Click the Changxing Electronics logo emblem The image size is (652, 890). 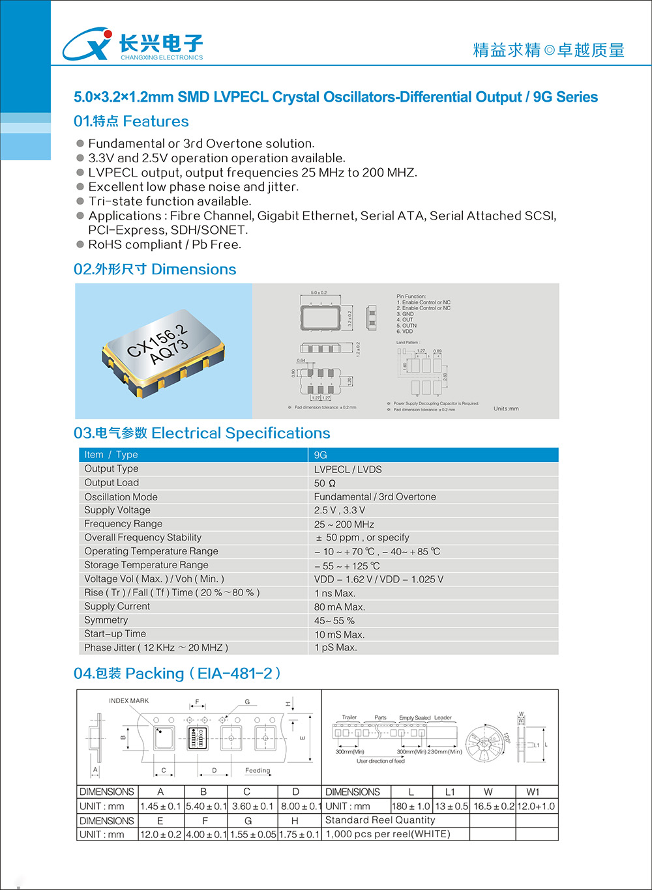click(x=87, y=44)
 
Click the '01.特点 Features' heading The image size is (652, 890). click(x=131, y=121)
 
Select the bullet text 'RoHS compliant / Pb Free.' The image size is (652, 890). click(x=164, y=244)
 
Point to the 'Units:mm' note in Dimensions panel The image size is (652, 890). click(x=506, y=409)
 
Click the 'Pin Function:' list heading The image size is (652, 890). click(x=411, y=296)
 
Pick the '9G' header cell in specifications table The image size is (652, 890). click(x=320, y=455)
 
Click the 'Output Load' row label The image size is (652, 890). click(x=111, y=483)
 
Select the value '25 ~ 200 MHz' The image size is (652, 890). click(x=344, y=524)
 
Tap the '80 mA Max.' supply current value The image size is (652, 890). click(x=339, y=607)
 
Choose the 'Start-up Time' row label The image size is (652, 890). click(x=115, y=634)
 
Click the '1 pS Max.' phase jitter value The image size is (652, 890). click(x=335, y=648)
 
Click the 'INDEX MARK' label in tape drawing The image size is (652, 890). click(x=128, y=701)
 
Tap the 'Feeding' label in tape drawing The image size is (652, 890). click(x=258, y=770)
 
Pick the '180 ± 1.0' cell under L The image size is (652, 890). click(x=411, y=807)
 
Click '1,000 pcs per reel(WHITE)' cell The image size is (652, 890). click(x=387, y=834)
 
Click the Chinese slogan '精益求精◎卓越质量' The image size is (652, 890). click(x=548, y=50)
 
